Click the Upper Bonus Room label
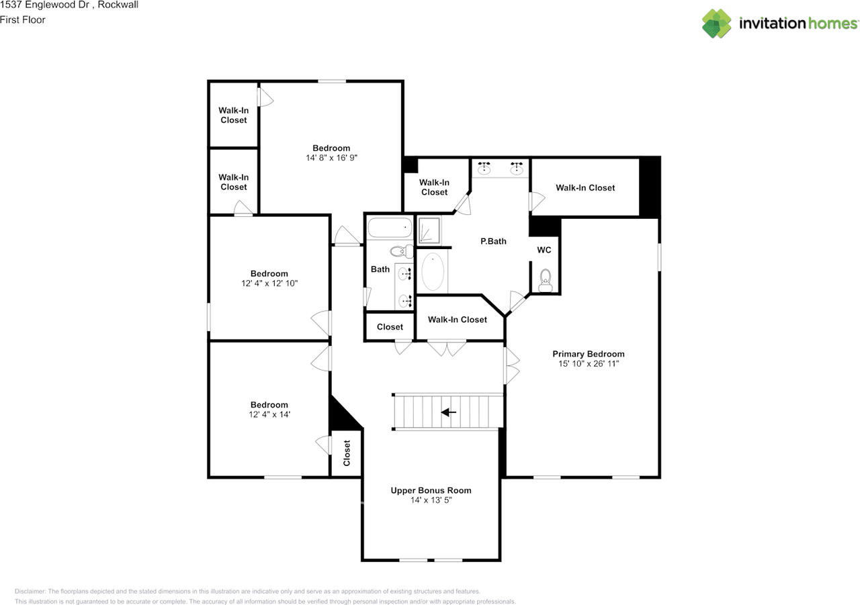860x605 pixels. [x=431, y=490]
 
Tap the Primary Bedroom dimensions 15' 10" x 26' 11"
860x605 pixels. [x=588, y=364]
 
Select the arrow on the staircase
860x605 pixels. [x=448, y=412]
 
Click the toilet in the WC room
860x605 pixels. [x=545, y=281]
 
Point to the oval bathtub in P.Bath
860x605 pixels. [x=433, y=271]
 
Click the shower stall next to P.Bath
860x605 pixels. [x=429, y=230]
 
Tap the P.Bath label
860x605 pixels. [x=493, y=241]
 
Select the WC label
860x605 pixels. [x=544, y=250]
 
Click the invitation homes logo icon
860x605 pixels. [x=716, y=24]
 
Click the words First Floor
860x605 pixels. [x=23, y=20]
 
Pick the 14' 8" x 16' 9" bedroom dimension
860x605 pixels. [x=331, y=158]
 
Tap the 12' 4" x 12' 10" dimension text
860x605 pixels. [x=269, y=283]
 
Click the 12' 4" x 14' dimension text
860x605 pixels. [x=269, y=414]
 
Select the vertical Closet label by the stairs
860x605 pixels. [x=347, y=453]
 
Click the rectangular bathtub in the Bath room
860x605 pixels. [x=390, y=228]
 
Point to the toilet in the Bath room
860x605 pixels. [x=402, y=252]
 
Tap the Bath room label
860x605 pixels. [x=380, y=269]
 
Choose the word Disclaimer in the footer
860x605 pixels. [x=30, y=591]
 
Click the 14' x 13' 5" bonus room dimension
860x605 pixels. [x=431, y=500]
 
